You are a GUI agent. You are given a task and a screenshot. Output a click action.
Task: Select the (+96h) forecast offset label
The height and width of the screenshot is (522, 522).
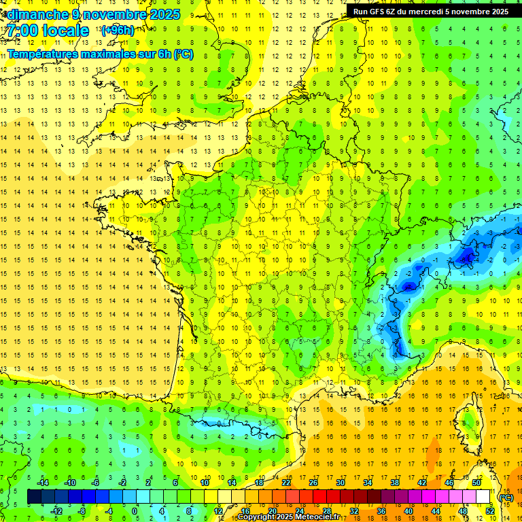[117, 31]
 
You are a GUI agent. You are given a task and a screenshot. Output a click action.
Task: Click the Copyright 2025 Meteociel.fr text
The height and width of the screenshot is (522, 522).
[289, 517]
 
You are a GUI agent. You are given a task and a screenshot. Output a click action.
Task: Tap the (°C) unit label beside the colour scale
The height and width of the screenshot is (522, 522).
[506, 498]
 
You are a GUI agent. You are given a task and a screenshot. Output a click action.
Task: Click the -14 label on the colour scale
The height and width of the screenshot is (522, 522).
[43, 483]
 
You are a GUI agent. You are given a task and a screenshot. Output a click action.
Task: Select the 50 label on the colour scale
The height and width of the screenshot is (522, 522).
[476, 483]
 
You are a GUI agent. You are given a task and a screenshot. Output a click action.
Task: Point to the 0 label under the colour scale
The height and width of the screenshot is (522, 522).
[135, 511]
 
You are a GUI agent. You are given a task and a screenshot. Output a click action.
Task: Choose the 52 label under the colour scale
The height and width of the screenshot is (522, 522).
[490, 511]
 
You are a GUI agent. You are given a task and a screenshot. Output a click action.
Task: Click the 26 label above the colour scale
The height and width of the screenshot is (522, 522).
[313, 483]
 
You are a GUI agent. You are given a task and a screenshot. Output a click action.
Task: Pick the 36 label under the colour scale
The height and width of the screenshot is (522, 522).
[381, 511]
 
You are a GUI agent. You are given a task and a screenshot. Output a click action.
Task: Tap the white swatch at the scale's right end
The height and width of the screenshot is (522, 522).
[483, 497]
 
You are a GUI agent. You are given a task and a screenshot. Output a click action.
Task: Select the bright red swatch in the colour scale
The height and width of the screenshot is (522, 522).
[319, 497]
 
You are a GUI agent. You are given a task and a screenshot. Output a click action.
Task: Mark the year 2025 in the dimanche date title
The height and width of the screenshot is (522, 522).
[164, 14]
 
